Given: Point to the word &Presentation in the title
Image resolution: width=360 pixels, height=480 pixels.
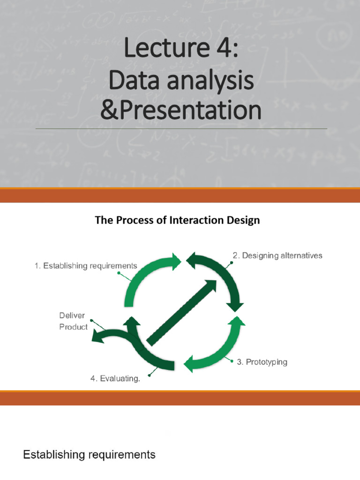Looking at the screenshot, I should click(180, 111).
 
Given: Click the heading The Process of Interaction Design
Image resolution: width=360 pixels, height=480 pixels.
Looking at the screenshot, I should click(177, 220).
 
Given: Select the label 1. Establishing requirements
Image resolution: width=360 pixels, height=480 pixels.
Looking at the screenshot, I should click(86, 266).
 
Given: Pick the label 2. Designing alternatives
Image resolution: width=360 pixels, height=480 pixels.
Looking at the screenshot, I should click(277, 255).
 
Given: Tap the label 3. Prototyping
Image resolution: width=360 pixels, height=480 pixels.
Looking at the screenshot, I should click(262, 362).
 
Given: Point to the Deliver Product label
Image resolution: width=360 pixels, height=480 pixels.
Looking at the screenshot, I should click(73, 322).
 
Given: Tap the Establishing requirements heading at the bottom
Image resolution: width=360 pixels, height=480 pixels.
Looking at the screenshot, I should click(89, 454).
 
